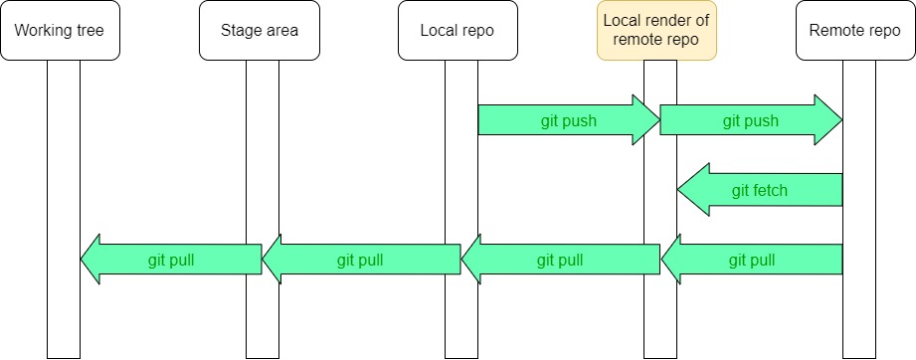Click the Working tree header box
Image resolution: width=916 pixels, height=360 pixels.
pos(60,30)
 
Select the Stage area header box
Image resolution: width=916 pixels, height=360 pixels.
pos(260,30)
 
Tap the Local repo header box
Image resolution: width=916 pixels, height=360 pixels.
pos(458,30)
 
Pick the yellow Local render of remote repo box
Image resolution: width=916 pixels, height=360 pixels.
pos(656,30)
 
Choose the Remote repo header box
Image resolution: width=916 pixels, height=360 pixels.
pos(855,30)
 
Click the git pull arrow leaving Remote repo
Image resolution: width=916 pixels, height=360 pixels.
pos(752,261)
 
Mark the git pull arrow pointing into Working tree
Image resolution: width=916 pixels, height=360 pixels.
pos(169,261)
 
